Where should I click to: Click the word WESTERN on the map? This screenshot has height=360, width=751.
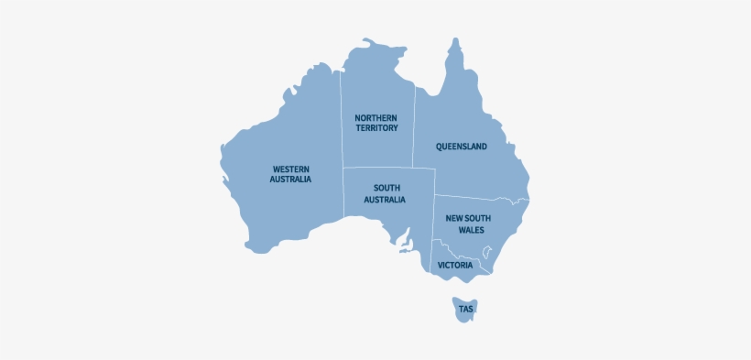[290, 169]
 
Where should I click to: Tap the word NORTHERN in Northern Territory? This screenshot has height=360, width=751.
[376, 118]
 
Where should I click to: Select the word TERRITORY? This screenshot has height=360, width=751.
[376, 128]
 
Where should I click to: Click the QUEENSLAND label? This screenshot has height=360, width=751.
[461, 147]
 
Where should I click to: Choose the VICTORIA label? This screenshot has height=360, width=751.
[455, 265]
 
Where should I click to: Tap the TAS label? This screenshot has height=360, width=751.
[466, 310]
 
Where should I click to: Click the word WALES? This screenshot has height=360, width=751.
[472, 230]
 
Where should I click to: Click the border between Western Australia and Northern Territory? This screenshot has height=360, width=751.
[343, 119]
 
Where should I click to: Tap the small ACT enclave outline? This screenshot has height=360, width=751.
[487, 252]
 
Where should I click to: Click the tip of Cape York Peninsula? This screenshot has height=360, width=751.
[452, 40]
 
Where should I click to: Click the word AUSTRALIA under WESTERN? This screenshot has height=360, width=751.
[290, 180]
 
